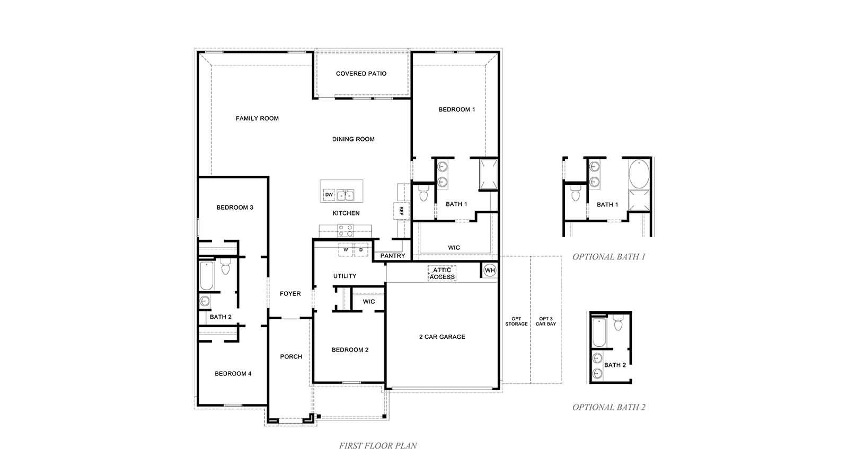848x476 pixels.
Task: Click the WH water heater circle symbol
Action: (x=490, y=271)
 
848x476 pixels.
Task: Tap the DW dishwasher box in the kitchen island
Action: (x=329, y=195)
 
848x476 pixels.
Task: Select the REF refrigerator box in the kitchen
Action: (x=401, y=211)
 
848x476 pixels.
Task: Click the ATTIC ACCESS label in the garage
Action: (x=442, y=273)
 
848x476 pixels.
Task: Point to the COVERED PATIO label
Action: (x=361, y=74)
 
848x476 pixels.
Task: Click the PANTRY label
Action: (x=393, y=256)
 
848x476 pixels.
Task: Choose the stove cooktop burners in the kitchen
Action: (x=346, y=230)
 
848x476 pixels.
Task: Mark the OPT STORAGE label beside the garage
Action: (x=516, y=321)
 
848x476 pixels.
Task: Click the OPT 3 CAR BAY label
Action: (x=545, y=321)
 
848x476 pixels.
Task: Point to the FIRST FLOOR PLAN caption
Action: (x=378, y=446)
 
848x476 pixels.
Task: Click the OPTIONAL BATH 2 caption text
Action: (x=609, y=407)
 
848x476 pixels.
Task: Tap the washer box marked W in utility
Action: (x=346, y=249)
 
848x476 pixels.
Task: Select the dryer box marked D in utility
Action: (x=361, y=249)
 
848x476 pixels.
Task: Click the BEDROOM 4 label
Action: (x=233, y=373)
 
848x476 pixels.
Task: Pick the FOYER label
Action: (x=290, y=293)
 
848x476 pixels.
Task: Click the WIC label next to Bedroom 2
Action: (x=369, y=301)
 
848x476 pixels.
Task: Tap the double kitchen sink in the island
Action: (x=346, y=195)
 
